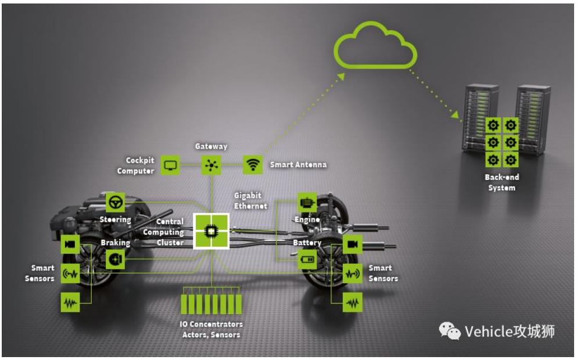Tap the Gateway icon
point(210,165)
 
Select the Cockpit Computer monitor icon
point(170,165)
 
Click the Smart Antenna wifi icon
point(252,165)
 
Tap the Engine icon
point(307,203)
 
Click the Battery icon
point(307,260)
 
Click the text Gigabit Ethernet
point(250,200)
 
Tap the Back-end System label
point(501,182)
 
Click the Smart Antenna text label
point(298,165)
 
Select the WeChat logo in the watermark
point(449,332)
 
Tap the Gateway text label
point(211,147)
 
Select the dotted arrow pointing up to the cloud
point(302,116)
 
